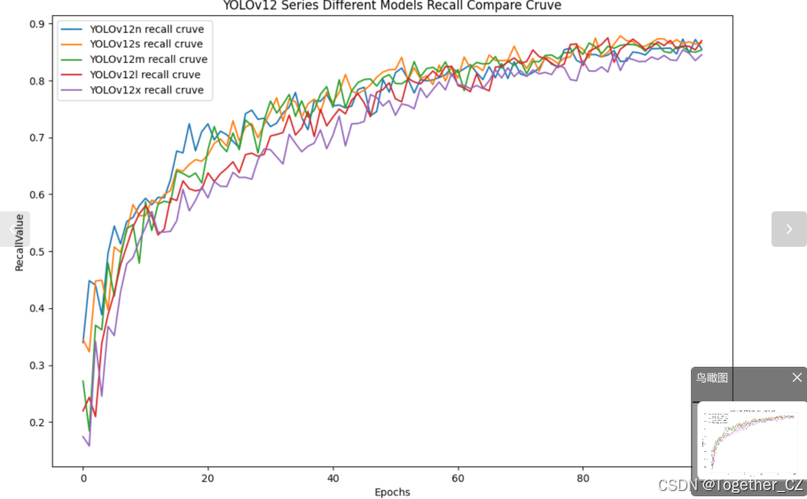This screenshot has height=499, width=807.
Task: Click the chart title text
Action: click(391, 6)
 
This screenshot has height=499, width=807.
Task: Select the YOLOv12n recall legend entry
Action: click(145, 28)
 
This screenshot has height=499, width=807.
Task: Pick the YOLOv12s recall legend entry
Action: click(145, 44)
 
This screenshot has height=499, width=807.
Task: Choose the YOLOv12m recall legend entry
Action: click(148, 59)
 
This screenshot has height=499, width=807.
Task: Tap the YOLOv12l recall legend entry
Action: click(145, 75)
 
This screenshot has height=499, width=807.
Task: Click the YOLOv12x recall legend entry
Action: click(145, 90)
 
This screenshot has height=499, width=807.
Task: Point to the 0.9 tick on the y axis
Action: click(36, 24)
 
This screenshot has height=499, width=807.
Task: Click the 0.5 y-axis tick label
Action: click(36, 252)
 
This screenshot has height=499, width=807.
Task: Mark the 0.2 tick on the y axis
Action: click(36, 423)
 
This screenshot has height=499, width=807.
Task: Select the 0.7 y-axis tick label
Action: click(36, 138)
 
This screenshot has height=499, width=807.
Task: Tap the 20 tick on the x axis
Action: click(208, 478)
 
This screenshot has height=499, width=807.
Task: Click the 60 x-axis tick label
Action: click(458, 478)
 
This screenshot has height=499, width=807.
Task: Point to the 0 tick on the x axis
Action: click(83, 478)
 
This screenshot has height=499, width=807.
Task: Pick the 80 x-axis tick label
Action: click(583, 478)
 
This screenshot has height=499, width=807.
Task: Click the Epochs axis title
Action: click(392, 492)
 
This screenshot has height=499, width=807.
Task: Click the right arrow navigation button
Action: click(788, 229)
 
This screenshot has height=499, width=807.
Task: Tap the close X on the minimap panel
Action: click(796, 377)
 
